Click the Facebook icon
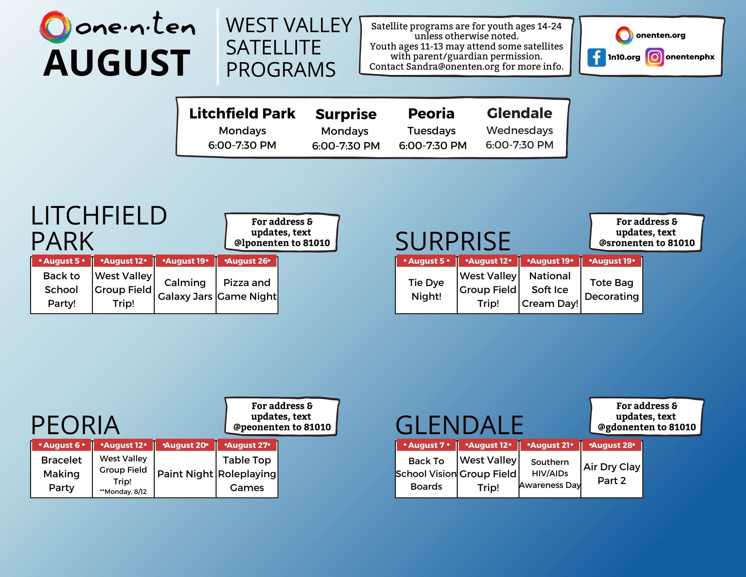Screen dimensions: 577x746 (596, 57)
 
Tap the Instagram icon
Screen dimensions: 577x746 (654, 57)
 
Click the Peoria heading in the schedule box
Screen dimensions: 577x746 (431, 113)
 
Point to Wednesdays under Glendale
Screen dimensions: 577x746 (519, 130)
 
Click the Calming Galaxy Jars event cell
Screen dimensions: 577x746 (185, 290)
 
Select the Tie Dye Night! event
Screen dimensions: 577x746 (426, 290)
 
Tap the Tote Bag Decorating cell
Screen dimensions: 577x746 (611, 290)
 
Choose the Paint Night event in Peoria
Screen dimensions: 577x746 (185, 474)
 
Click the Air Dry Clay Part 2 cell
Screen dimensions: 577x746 (611, 474)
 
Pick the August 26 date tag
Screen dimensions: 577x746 (247, 261)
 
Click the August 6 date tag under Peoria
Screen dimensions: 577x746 (61, 445)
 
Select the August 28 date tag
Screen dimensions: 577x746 (611, 445)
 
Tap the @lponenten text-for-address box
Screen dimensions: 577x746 (282, 232)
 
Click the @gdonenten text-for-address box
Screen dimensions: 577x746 (646, 416)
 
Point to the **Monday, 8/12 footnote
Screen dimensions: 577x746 (123, 491)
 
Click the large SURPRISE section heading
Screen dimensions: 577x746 (453, 241)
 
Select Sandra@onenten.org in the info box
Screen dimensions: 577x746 (452, 66)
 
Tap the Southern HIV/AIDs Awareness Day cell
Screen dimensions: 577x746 (550, 474)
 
